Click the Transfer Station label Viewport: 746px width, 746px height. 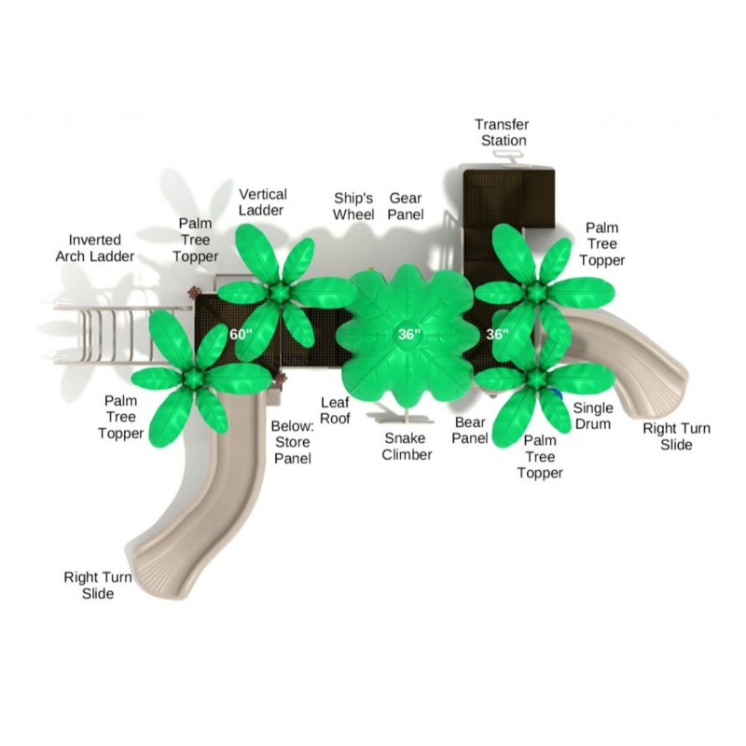pyautogui.click(x=503, y=132)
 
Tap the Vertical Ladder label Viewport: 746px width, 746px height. pyautogui.click(x=262, y=202)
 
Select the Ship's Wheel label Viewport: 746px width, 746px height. pyautogui.click(x=353, y=206)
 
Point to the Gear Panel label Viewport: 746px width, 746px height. pyautogui.click(x=406, y=206)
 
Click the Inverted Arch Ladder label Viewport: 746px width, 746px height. pyautogui.click(x=95, y=248)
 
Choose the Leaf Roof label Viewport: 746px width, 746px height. pyautogui.click(x=335, y=410)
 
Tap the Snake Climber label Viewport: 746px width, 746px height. pyautogui.click(x=407, y=447)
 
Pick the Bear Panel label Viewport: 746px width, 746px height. pyautogui.click(x=470, y=430)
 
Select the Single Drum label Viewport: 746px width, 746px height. pyautogui.click(x=593, y=416)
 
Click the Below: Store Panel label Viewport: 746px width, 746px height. pyautogui.click(x=292, y=442)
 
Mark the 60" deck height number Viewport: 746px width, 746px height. pyautogui.click(x=241, y=335)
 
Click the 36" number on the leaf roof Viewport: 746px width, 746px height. pyautogui.click(x=409, y=335)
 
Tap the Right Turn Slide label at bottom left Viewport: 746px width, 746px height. pyautogui.click(x=98, y=586)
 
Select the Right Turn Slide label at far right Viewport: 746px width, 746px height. pyautogui.click(x=676, y=436)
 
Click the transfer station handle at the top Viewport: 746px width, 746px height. pyautogui.click(x=507, y=155)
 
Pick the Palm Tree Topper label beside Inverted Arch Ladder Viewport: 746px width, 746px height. pyautogui.click(x=195, y=240)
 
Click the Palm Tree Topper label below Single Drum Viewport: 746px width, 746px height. pyautogui.click(x=540, y=457)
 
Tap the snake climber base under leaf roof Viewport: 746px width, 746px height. pyautogui.click(x=406, y=419)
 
